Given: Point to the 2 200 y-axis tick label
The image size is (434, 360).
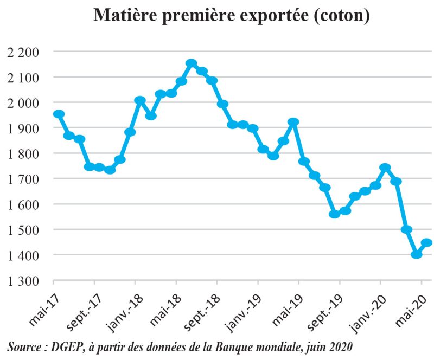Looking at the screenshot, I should (x=23, y=52).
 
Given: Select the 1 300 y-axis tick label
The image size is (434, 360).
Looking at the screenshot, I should (x=23, y=281).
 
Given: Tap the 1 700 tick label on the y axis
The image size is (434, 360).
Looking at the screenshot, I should (x=23, y=179).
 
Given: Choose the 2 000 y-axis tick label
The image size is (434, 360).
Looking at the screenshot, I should (x=23, y=102).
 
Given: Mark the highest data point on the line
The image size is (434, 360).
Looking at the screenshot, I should (x=191, y=63).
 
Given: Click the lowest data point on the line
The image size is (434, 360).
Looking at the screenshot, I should (x=417, y=254).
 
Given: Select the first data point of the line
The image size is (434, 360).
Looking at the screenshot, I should (x=59, y=114).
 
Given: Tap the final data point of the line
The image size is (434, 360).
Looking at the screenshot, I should (x=427, y=242).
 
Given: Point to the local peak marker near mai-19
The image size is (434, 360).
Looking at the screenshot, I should (x=293, y=122).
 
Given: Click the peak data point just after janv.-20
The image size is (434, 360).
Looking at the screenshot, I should (x=385, y=168).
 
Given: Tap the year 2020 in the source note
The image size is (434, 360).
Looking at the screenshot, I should (x=336, y=345).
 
